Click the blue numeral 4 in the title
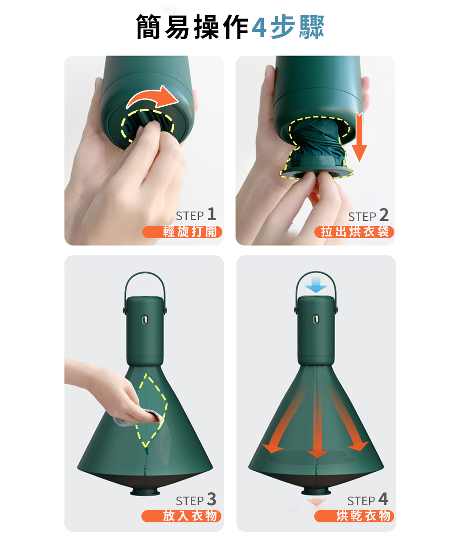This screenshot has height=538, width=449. pos(259,27)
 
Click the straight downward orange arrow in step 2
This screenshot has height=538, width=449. pos(359,137)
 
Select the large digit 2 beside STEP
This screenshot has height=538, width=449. pos(384,215)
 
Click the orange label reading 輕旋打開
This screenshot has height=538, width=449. pos(182,232)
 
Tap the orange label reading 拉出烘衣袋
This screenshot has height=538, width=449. pos(354,232)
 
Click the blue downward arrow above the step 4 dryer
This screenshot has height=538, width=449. pos(316,285)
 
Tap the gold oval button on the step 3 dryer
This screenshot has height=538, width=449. pos(145,320)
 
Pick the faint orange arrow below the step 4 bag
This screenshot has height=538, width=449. pos(317,502)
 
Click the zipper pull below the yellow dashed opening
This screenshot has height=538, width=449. pos(146,452)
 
